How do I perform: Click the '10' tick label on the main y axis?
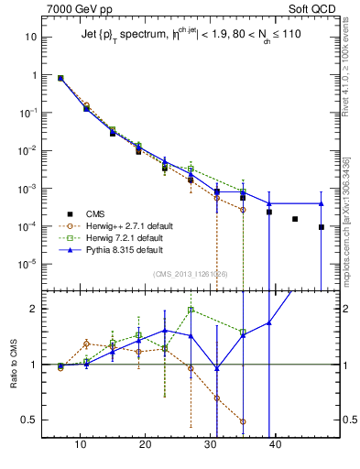pos(31,38)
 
